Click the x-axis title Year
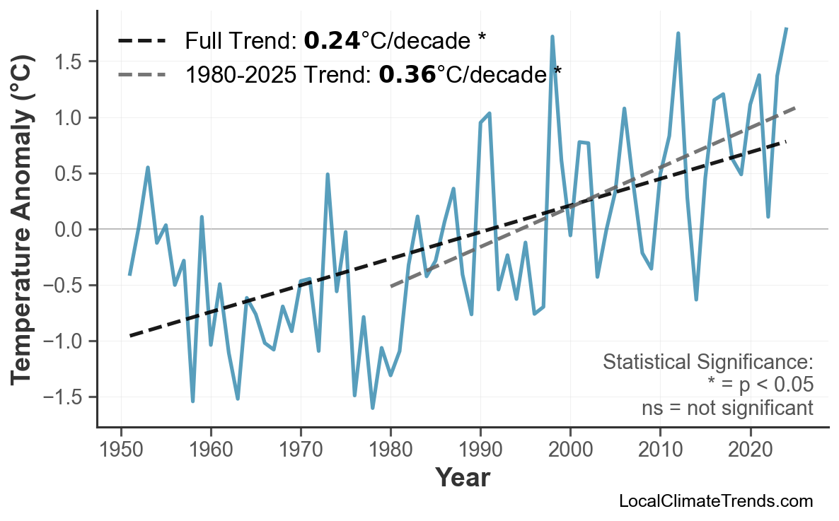[x=462, y=478]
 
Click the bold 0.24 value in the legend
[x=332, y=41]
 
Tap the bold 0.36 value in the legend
[x=407, y=74]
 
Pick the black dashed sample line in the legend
[x=141, y=41]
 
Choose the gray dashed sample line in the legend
[x=141, y=74]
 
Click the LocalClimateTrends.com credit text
[x=715, y=501]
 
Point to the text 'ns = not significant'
[x=727, y=408]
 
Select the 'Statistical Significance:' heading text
[x=707, y=363]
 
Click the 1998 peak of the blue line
[x=552, y=37]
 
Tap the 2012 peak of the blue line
[x=678, y=33]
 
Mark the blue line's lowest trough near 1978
[x=373, y=408]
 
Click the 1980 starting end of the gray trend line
[x=390, y=286]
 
